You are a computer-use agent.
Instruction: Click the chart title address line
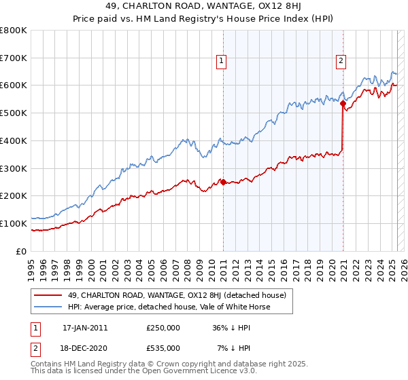click(203, 7)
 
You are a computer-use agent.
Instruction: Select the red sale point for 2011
click(223, 181)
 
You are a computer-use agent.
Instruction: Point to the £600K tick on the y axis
click(15, 85)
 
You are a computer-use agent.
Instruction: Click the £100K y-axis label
click(15, 223)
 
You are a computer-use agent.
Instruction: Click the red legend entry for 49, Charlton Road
click(177, 295)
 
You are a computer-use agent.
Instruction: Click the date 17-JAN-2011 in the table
click(85, 328)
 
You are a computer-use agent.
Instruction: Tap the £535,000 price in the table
click(163, 348)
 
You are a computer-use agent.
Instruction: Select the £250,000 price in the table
click(163, 328)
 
